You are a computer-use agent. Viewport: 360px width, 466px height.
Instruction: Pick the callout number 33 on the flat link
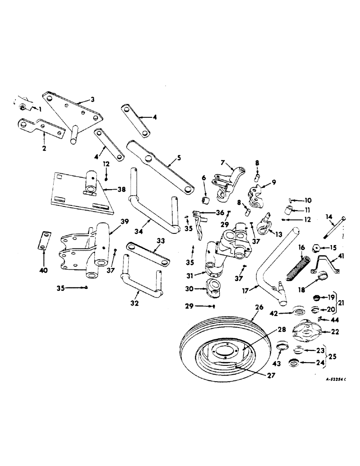[160, 241]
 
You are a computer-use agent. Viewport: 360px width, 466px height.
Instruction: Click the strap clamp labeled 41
[327, 264]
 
